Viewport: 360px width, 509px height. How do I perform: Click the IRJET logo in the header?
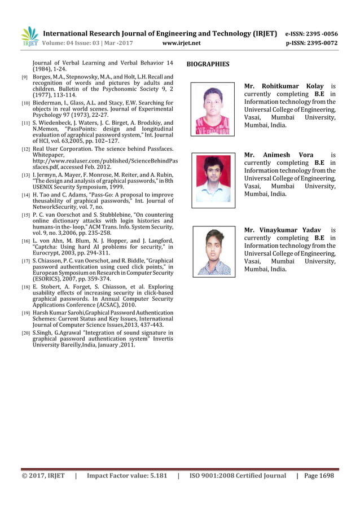29,36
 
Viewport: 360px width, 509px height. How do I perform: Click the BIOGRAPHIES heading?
208,64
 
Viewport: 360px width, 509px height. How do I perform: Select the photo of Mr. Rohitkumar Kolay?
212,109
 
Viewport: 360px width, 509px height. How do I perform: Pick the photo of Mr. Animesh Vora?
213,179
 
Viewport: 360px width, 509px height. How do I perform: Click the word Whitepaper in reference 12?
49,155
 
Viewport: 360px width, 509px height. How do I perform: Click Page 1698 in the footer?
319,476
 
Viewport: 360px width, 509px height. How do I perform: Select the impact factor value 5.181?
156,476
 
